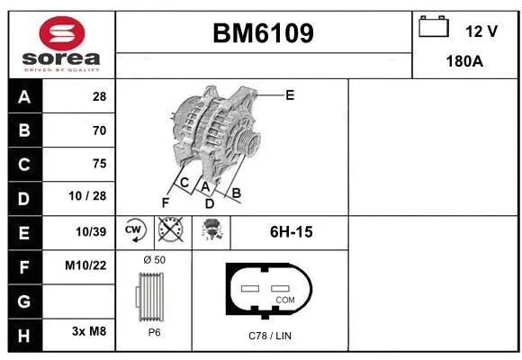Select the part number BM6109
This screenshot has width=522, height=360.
pyautogui.click(x=263, y=34)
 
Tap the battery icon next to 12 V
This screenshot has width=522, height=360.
pyautogui.click(x=433, y=27)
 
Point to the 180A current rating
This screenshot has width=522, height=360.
pyautogui.click(x=465, y=61)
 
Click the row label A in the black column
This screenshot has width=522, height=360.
pyautogui.click(x=24, y=96)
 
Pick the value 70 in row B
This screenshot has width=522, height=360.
pyautogui.click(x=99, y=130)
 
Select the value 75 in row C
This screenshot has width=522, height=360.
pyautogui.click(x=99, y=164)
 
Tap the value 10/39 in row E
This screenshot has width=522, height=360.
pyautogui.click(x=92, y=231)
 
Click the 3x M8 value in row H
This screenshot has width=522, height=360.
pyautogui.click(x=89, y=332)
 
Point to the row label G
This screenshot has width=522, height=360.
pyautogui.click(x=24, y=299)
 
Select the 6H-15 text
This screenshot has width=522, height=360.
pyautogui.click(x=291, y=232)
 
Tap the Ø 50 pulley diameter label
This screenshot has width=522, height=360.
pyautogui.click(x=154, y=260)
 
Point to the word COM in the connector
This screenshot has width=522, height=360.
pyautogui.click(x=285, y=299)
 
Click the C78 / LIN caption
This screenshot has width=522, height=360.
pyautogui.click(x=270, y=336)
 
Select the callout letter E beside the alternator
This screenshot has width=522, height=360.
pyautogui.click(x=290, y=94)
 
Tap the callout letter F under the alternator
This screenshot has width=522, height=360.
pyautogui.click(x=165, y=202)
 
